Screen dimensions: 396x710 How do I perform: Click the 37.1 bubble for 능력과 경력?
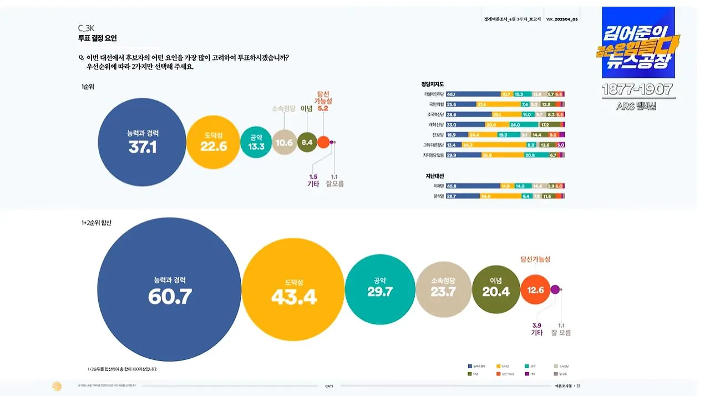click(142, 142)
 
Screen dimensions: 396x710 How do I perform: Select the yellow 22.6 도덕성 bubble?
click(214, 142)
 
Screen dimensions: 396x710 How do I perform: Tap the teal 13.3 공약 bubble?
click(256, 142)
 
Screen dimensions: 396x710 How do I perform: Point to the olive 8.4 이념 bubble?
click(307, 142)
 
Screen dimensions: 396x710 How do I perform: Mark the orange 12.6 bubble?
click(535, 289)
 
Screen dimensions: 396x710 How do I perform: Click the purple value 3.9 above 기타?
click(536, 325)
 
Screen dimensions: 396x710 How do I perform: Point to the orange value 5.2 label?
click(323, 109)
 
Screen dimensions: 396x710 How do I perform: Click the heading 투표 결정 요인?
click(97, 38)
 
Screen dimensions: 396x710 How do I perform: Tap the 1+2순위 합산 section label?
click(96, 223)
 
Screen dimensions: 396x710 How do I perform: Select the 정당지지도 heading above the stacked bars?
click(433, 84)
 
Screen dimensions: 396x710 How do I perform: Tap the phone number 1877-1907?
click(638, 89)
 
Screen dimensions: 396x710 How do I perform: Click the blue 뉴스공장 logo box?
click(638, 43)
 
